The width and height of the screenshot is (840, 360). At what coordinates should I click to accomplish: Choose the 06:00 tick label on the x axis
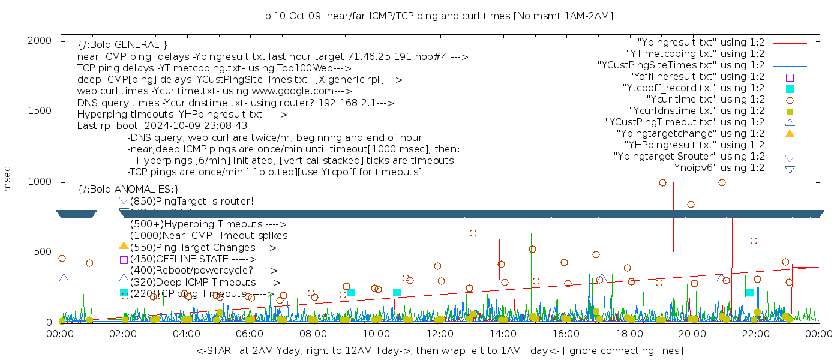pyautogui.click(x=250, y=334)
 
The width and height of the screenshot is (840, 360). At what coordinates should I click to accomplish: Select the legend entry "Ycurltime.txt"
pyautogui.click(x=705, y=100)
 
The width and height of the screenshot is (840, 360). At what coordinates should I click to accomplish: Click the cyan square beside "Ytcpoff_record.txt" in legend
pyautogui.click(x=790, y=89)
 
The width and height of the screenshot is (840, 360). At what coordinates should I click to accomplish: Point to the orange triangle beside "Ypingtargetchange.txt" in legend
pyautogui.click(x=790, y=134)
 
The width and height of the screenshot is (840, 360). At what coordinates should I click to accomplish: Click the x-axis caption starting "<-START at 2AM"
pyautogui.click(x=439, y=350)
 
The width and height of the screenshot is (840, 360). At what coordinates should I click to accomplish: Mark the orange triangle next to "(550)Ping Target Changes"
pyautogui.click(x=124, y=245)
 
